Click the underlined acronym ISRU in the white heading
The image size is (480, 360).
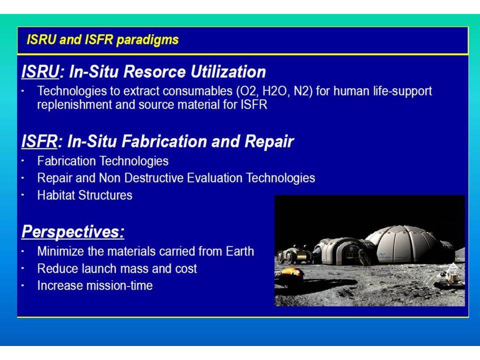(x=40, y=71)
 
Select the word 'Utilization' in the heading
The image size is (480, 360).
(x=228, y=71)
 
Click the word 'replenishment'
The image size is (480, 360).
(x=74, y=104)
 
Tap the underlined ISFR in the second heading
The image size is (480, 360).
(x=39, y=141)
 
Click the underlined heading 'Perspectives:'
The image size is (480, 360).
(x=73, y=231)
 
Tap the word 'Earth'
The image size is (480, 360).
(x=239, y=251)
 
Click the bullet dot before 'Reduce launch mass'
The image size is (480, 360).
(x=23, y=268)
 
